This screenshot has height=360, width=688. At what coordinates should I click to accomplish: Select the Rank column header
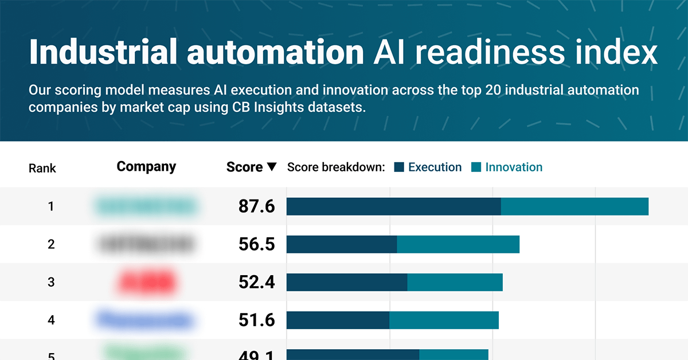42,168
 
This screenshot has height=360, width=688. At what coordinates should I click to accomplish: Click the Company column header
146,167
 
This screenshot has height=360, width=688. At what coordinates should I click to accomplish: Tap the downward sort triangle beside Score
272,167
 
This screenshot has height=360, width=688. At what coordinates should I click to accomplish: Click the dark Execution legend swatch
399,167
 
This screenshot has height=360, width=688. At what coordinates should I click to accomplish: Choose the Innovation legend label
514,167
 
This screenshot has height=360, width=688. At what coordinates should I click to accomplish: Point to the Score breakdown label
335,167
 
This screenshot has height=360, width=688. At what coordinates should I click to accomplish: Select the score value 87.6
257,206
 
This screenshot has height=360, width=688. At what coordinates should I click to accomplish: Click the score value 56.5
257,244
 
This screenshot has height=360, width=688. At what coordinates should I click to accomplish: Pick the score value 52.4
257,282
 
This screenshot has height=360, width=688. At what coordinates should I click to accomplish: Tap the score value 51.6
257,320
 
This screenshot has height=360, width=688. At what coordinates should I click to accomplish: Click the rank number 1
51,206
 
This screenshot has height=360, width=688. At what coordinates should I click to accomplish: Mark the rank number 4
51,320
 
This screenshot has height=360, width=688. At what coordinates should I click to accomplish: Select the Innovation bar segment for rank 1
574,206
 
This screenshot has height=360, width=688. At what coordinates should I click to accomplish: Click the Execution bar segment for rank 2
342,244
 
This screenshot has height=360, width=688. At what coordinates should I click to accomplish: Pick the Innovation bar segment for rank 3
455,282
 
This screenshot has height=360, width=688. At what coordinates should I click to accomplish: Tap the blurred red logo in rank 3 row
146,282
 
